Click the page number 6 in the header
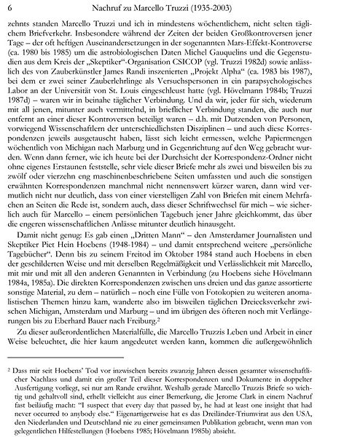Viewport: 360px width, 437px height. point(9,7)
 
